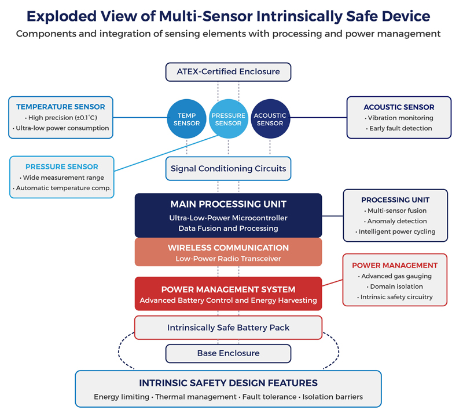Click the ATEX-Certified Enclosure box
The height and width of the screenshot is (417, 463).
pyautogui.click(x=228, y=72)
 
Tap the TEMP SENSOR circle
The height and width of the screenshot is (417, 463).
pyautogui.click(x=186, y=119)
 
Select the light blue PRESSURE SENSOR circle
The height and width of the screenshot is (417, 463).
pyautogui.click(x=228, y=119)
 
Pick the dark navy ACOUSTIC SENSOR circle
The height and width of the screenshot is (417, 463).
pyautogui.click(x=270, y=119)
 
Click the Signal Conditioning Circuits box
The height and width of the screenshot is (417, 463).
pyautogui.click(x=228, y=169)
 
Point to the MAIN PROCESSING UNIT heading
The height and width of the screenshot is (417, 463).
pyautogui.click(x=228, y=204)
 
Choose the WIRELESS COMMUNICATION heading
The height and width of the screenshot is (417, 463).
pyautogui.click(x=228, y=248)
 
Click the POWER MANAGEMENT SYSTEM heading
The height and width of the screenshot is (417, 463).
pyautogui.click(x=228, y=289)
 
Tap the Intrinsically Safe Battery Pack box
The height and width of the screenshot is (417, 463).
pyautogui.click(x=228, y=328)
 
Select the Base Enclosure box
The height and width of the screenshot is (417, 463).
pyautogui.click(x=228, y=353)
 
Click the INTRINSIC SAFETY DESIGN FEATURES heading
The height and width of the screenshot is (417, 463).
pyautogui.click(x=228, y=383)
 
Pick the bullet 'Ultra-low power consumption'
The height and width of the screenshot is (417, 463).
pyautogui.click(x=61, y=128)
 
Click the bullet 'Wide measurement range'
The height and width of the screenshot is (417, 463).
pyautogui.click(x=62, y=177)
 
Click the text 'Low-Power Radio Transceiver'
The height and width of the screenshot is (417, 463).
pyautogui.click(x=228, y=259)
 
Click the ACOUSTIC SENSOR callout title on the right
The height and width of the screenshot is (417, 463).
pyautogui.click(x=399, y=107)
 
